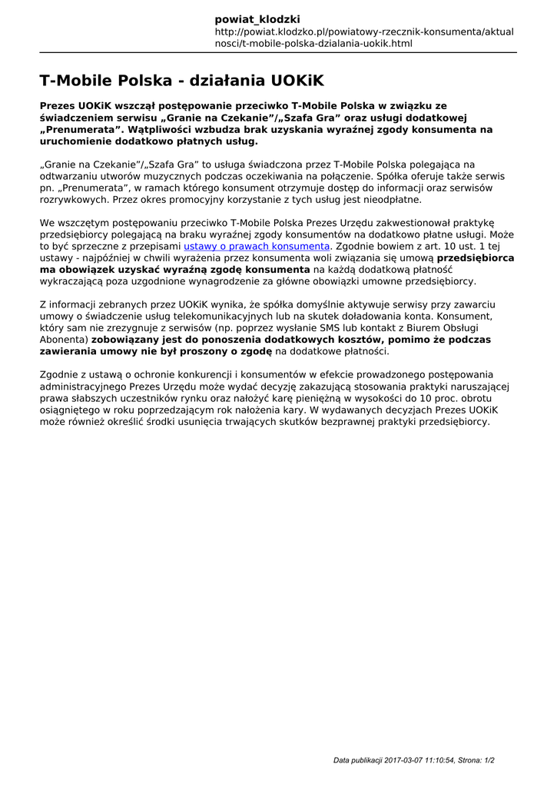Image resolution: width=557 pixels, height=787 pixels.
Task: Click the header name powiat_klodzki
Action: click(x=257, y=19)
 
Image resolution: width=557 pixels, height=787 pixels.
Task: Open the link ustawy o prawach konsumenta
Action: click(x=257, y=246)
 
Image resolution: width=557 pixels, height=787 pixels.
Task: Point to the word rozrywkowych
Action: click(x=74, y=199)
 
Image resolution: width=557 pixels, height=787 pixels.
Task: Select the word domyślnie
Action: click(x=302, y=304)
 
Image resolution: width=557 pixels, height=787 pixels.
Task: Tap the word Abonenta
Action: click(x=64, y=339)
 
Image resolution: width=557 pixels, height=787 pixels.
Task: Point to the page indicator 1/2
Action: click(x=489, y=760)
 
